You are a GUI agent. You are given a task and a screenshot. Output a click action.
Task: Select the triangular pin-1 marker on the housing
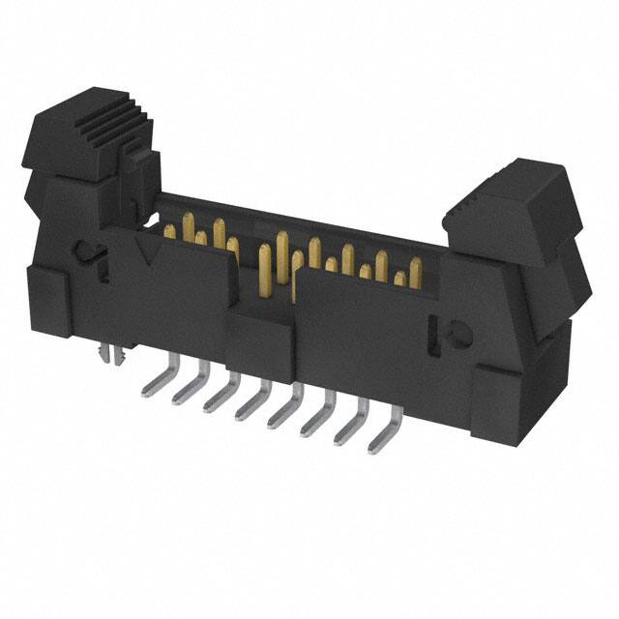click(x=150, y=253)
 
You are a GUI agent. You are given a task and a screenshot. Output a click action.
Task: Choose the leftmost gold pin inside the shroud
click(x=170, y=231)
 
